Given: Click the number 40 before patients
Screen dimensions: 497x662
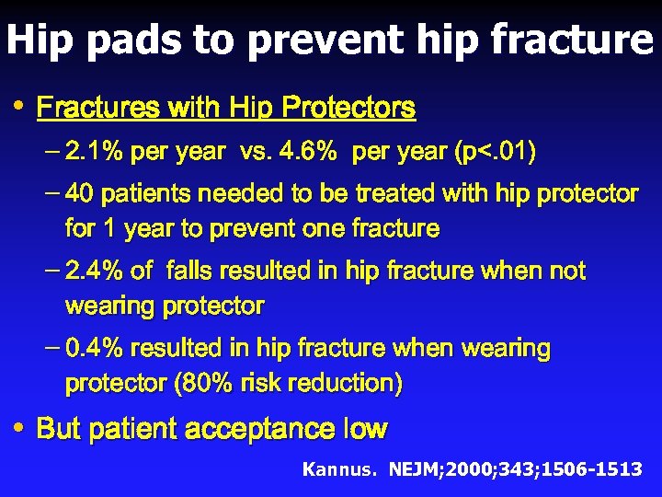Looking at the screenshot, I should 79,194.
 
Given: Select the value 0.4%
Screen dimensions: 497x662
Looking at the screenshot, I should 97,349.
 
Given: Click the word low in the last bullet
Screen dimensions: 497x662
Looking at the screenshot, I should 365,429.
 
